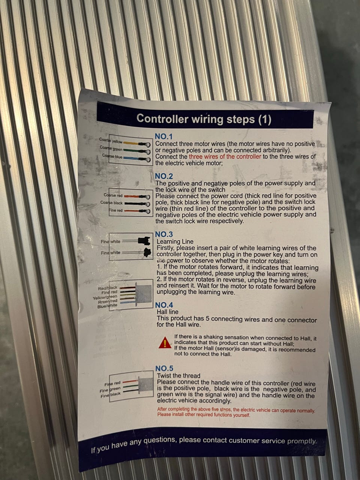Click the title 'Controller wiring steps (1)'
coord(204,119)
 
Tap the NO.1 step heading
coord(164,136)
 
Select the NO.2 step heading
coord(164,176)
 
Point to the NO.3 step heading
coord(164,234)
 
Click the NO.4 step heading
coord(164,305)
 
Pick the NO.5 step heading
coord(164,368)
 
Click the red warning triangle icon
coord(165,342)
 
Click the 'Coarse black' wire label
coord(111,203)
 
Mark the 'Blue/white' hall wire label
coord(107,306)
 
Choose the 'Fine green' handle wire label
coord(110,390)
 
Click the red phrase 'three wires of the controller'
coord(225,157)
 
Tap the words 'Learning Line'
coord(175,241)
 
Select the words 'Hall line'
coord(167,312)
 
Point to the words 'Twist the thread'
coord(178,375)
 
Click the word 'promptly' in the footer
coord(302,441)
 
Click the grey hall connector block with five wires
coord(144,293)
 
